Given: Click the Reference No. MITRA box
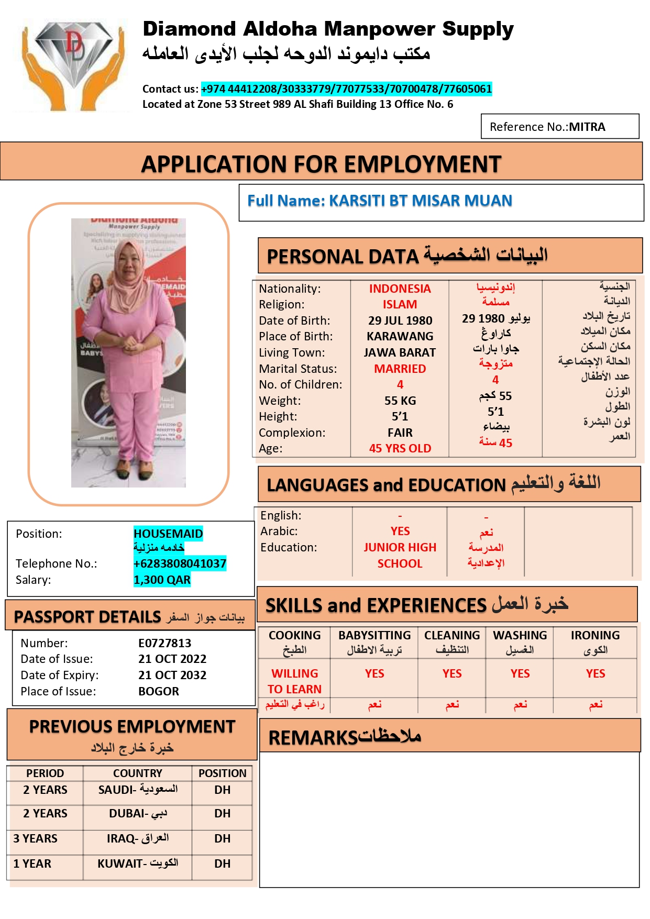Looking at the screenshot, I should pos(559,127).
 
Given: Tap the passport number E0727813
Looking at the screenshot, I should pos(164,643).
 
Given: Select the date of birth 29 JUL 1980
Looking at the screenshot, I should pos(400,320).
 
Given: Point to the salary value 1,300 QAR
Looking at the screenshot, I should pos(162,580).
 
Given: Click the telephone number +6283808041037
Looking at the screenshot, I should pos(180,563).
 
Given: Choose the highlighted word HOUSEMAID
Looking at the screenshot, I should pos(168,534).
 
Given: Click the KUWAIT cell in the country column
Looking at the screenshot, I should pos(137,863).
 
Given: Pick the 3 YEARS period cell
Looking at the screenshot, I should pos(36,838).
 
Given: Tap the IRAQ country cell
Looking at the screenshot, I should pos(137,838).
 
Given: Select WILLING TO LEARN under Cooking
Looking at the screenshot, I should pos(295,681).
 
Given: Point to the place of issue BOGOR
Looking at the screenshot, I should pos(159,691).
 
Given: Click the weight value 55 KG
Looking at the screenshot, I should pos(400,401).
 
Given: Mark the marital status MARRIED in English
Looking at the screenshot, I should pos(400,369).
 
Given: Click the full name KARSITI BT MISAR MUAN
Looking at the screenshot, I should pos(420,201).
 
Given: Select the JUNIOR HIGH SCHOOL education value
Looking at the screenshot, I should pos(400,555).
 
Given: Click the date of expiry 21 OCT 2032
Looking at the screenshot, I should pos(172,675).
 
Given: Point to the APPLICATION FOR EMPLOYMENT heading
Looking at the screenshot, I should pos(321,164).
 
